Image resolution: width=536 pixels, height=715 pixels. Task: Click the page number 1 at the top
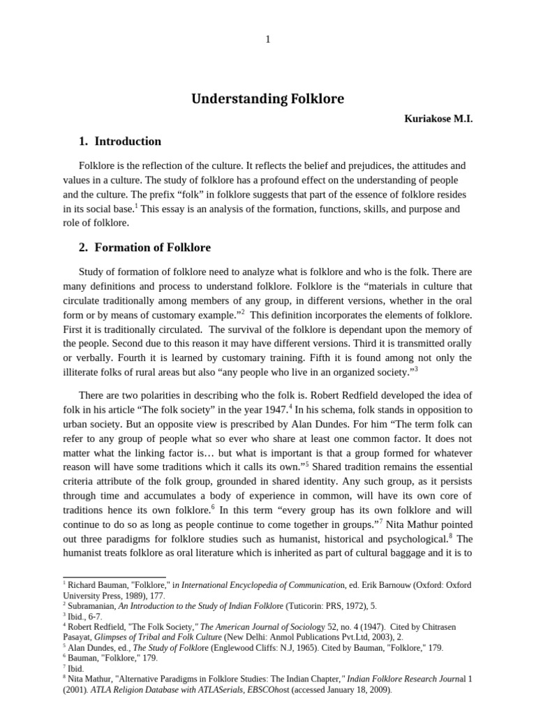click(x=267, y=39)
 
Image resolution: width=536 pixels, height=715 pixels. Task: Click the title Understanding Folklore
click(x=267, y=98)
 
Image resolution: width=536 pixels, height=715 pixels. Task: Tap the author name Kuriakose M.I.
click(x=438, y=119)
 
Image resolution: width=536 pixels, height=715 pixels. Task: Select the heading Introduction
click(x=128, y=142)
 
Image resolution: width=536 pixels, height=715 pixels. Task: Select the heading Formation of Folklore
click(x=152, y=248)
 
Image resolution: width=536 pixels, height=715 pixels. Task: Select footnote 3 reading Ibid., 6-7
click(x=84, y=617)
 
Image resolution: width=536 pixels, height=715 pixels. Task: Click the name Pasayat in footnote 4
click(x=80, y=637)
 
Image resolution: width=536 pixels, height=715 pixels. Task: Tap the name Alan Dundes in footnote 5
click(x=91, y=648)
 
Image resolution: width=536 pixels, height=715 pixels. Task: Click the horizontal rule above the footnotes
click(x=105, y=577)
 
